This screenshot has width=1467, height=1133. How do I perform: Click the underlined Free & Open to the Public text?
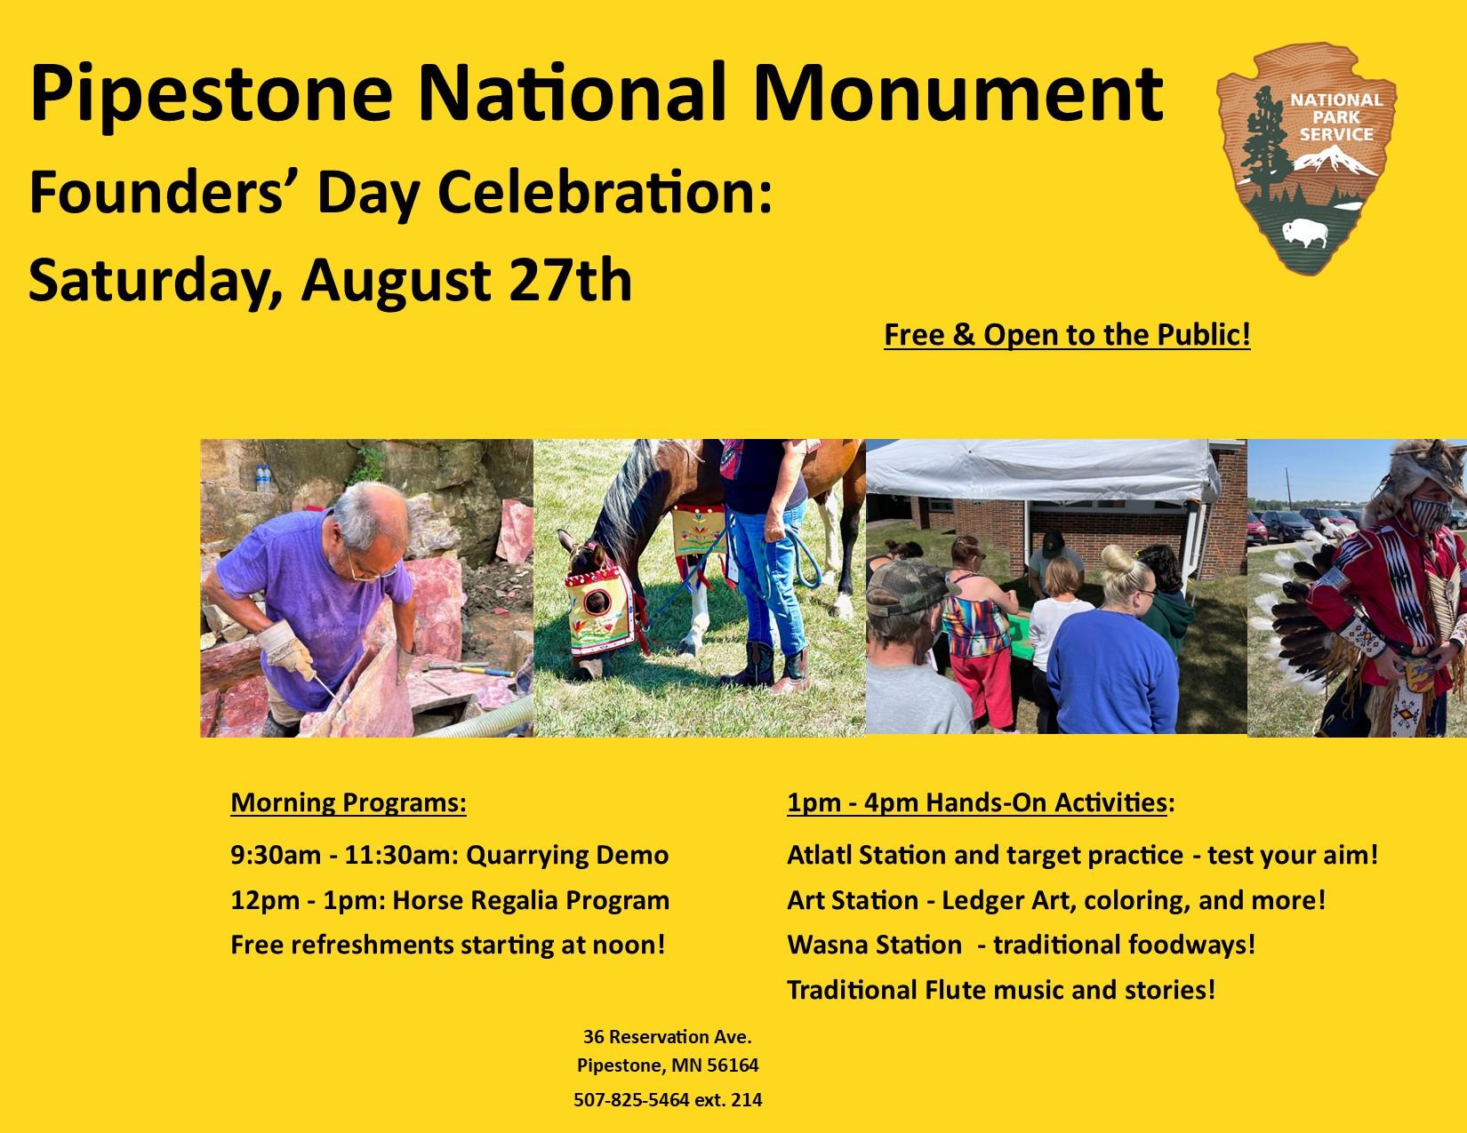click(x=1067, y=335)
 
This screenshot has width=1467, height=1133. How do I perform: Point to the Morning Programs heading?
click(x=349, y=802)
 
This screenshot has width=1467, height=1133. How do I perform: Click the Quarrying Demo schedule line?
click(x=449, y=855)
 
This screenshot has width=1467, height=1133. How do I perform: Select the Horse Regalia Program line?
click(x=449, y=900)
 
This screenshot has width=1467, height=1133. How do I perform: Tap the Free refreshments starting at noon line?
click(x=447, y=945)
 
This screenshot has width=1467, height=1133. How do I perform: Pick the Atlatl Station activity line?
click(x=1081, y=855)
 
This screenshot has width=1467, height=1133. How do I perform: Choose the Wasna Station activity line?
click(x=1021, y=945)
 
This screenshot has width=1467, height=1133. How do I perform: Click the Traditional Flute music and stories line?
click(x=1000, y=989)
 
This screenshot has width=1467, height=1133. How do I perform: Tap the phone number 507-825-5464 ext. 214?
click(x=668, y=1099)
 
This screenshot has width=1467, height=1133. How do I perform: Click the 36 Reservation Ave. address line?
click(x=668, y=1036)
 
